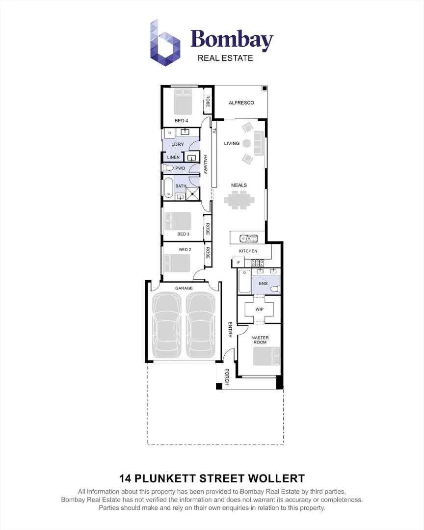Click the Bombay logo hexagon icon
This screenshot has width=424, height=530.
(166, 43)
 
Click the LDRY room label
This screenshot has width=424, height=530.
(178, 144)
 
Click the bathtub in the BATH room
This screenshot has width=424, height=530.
(168, 187)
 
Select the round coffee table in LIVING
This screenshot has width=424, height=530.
(247, 143)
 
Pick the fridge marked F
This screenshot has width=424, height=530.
(238, 263)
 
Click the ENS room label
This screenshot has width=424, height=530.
(263, 284)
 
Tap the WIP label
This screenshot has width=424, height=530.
(259, 309)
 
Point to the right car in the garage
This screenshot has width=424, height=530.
(201, 326)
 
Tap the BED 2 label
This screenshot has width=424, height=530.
(185, 250)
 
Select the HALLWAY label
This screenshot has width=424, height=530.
(206, 165)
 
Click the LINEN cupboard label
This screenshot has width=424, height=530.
(173, 157)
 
